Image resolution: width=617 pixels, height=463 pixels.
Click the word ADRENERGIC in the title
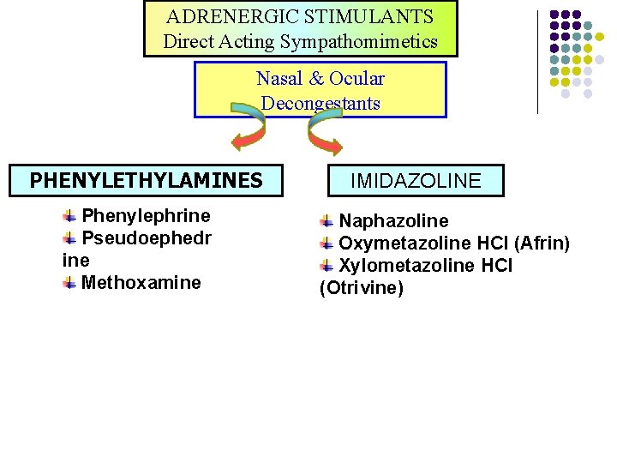[221, 16]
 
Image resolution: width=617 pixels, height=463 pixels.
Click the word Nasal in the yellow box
[279, 79]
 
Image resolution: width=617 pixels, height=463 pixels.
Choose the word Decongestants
[320, 104]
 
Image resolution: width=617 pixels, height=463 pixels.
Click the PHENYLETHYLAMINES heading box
[146, 180]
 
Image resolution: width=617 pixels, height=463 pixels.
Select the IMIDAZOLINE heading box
[416, 181]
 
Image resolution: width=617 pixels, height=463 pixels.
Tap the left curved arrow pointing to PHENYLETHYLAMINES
[248, 133]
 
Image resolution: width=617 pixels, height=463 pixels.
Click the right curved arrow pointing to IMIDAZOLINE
[325, 133]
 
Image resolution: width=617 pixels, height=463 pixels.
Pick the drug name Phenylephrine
[146, 215]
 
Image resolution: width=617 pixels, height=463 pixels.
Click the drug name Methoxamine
[141, 282]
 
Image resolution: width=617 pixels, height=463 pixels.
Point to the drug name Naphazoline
[393, 221]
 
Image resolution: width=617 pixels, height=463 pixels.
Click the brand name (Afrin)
[541, 244]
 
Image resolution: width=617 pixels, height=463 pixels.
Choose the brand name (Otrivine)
[361, 288]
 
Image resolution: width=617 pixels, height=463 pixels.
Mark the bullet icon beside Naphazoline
[326, 221]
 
